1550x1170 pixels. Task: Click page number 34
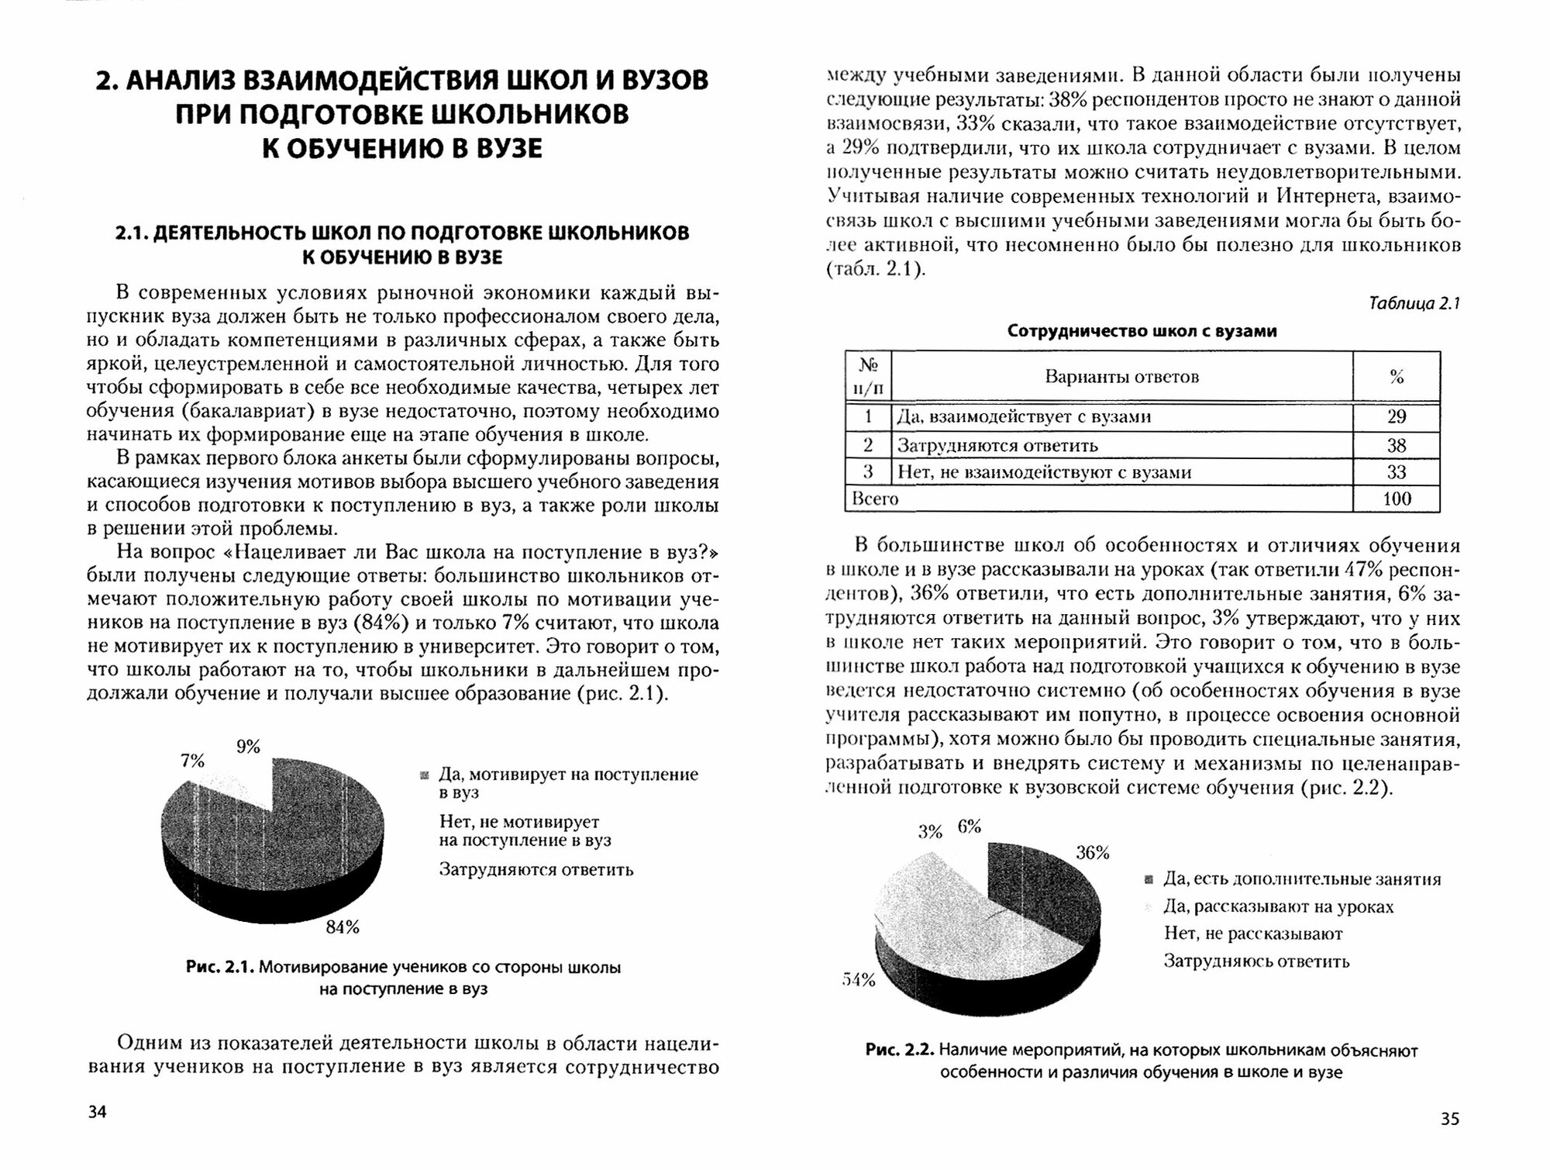(x=97, y=1112)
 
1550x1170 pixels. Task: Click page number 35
(x=1449, y=1118)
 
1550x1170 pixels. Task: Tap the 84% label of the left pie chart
(x=342, y=927)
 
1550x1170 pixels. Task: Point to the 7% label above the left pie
(x=192, y=761)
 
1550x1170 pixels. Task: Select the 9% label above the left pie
(x=248, y=747)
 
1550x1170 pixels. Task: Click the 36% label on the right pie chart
(x=1093, y=853)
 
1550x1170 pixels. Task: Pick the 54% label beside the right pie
(x=858, y=980)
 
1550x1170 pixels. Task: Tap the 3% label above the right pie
(x=930, y=832)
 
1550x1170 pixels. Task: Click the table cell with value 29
(x=1396, y=417)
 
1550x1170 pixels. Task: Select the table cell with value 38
(x=1396, y=446)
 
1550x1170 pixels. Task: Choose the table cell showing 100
(x=1396, y=499)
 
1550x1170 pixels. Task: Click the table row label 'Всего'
(x=875, y=499)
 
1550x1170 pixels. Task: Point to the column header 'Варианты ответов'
(x=1121, y=378)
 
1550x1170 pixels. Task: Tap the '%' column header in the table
(x=1397, y=378)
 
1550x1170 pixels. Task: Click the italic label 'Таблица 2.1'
(x=1414, y=304)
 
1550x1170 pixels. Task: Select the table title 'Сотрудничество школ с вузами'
(x=1142, y=331)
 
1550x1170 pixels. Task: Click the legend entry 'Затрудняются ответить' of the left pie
(x=536, y=870)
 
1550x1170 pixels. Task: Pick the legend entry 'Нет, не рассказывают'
(x=1253, y=934)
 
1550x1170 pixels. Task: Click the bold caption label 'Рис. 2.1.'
(x=220, y=968)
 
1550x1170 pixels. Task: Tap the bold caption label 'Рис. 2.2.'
(x=900, y=1051)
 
